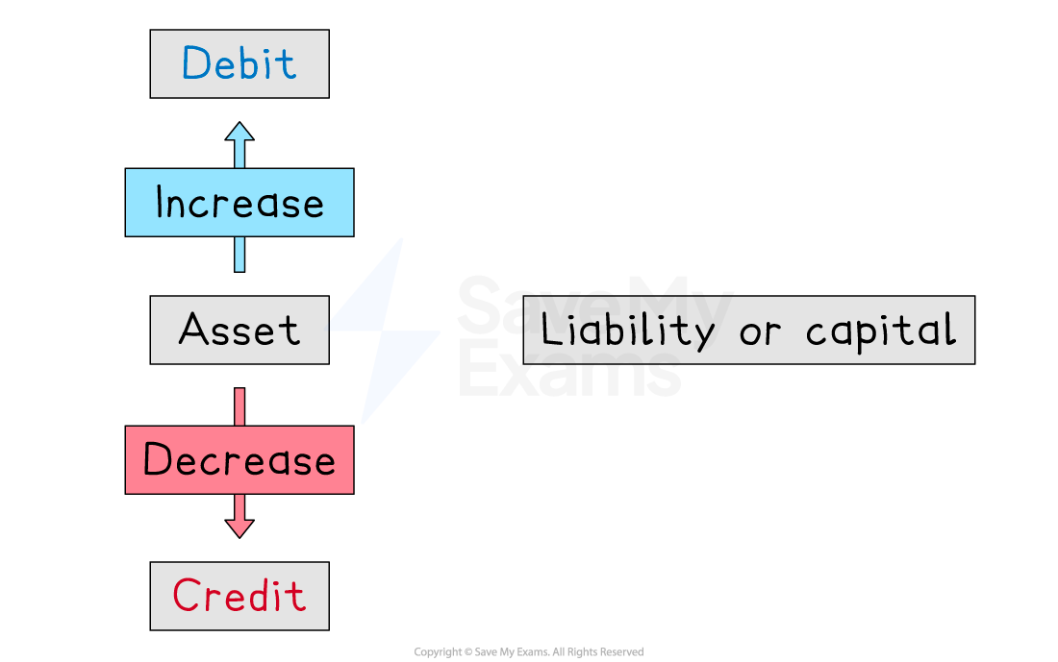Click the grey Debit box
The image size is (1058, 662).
239,63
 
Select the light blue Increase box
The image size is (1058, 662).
239,203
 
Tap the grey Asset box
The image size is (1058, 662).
239,330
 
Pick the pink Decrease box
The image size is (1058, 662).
239,460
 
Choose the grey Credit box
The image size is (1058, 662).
239,596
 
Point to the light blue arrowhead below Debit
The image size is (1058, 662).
239,133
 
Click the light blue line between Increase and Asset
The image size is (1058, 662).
239,254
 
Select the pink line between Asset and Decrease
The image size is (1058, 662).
239,406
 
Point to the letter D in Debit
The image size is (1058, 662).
193,64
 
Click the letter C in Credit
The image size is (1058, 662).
185,596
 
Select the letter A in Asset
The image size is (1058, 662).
192,331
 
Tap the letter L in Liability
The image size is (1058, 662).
549,331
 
